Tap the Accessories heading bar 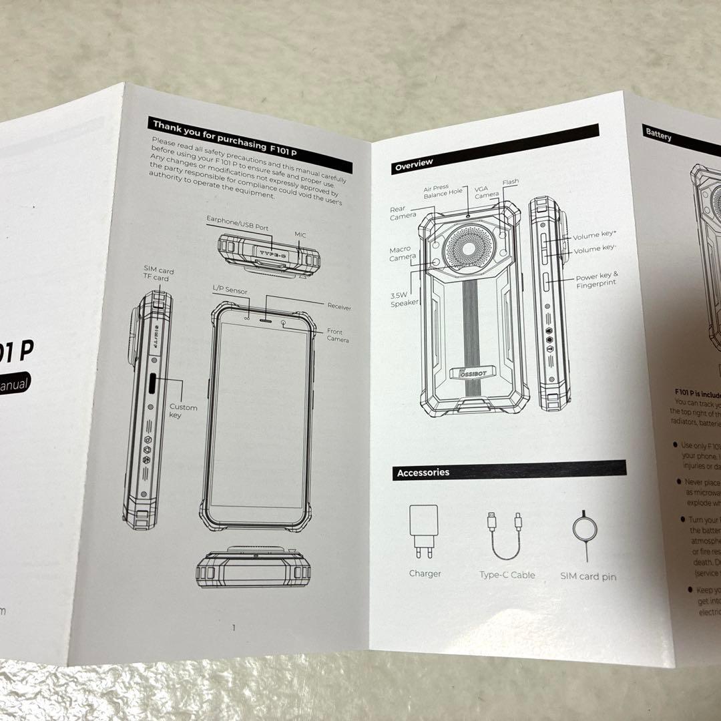pyautogui.click(x=508, y=471)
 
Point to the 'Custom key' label pyautogui.click(x=183, y=411)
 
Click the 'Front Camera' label pyautogui.click(x=338, y=335)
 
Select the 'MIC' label pyautogui.click(x=300, y=236)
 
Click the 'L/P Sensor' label pyautogui.click(x=229, y=291)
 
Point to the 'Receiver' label pyautogui.click(x=339, y=306)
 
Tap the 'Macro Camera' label pyautogui.click(x=403, y=254)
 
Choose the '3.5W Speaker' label pyautogui.click(x=404, y=298)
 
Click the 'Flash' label pyautogui.click(x=511, y=182)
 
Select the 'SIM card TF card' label pyautogui.click(x=158, y=274)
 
